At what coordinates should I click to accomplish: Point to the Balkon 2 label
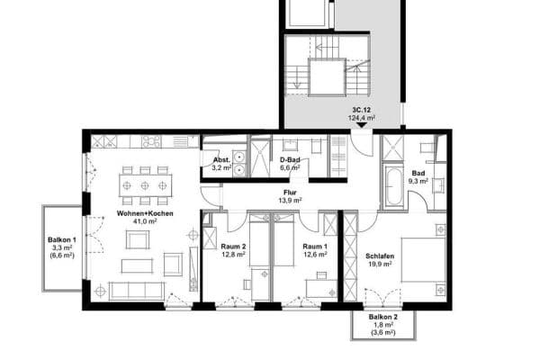[384, 318]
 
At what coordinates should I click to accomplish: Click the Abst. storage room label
[221, 159]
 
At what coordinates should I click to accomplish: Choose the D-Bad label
[289, 159]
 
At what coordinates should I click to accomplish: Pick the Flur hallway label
[290, 192]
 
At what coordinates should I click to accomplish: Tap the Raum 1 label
[314, 246]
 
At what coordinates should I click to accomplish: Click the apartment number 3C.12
[362, 110]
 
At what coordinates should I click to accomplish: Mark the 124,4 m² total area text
[362, 118]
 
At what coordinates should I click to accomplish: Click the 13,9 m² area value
[290, 200]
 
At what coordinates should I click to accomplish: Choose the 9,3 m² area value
[418, 181]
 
